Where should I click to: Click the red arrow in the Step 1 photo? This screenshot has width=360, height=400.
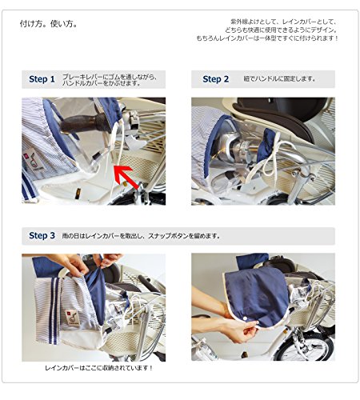click(x=125, y=176)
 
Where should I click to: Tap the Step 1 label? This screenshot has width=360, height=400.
click(x=42, y=79)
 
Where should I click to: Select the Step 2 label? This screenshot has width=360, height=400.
click(x=216, y=79)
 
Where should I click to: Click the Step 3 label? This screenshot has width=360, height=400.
click(x=42, y=235)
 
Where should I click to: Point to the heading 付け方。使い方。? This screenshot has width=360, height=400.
click(x=49, y=24)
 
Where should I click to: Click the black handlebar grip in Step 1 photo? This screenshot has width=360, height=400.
click(x=84, y=124)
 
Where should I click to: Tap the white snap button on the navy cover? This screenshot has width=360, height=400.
click(x=245, y=319)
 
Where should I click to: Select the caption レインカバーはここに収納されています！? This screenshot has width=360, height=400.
click(x=99, y=368)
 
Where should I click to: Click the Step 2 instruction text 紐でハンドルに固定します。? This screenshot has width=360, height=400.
click(x=279, y=79)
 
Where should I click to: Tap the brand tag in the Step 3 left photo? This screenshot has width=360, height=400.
click(x=73, y=318)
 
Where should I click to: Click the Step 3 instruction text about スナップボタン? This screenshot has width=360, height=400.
click(x=141, y=236)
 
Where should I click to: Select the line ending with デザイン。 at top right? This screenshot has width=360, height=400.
click(x=282, y=30)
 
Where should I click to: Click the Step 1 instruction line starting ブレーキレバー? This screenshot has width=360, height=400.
click(x=110, y=77)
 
